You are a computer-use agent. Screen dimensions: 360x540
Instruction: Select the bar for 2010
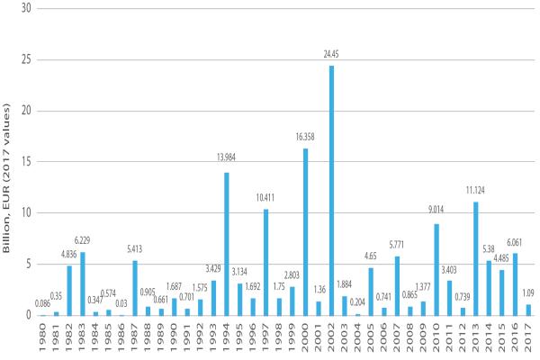(437, 269)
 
